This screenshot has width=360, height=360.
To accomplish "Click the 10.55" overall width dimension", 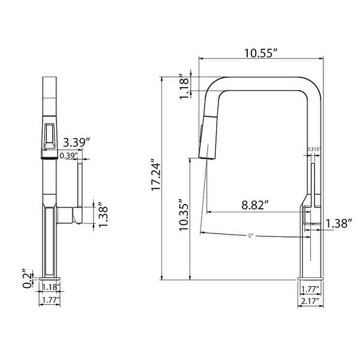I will (260, 52).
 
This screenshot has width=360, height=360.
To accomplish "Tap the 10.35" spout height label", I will (184, 215).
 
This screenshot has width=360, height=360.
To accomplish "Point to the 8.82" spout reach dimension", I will (254, 204).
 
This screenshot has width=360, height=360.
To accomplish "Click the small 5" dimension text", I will (251, 235).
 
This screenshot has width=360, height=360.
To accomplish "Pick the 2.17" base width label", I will (310, 302).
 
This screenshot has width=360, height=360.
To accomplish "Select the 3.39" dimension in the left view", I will (76, 143).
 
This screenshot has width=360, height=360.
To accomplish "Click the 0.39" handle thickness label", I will (67, 155).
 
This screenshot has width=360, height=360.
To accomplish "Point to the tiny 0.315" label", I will (313, 149).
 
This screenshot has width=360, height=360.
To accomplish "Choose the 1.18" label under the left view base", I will (50, 287).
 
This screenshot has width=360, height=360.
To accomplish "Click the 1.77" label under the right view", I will (310, 289).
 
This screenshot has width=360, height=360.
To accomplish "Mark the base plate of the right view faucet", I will (310, 280).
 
